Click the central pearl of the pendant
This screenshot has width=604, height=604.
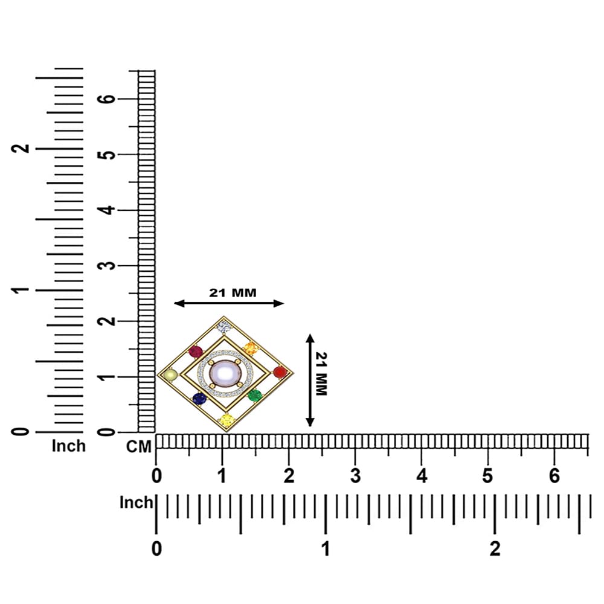[x=225, y=373]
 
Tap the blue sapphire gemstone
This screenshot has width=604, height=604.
[x=199, y=399]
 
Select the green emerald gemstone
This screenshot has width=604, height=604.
[x=255, y=395]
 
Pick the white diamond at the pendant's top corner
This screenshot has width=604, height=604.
[x=224, y=327]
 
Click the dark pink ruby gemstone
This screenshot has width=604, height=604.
[x=196, y=352]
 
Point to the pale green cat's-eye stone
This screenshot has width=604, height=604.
[x=170, y=375]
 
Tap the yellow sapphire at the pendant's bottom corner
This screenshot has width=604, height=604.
[x=227, y=420]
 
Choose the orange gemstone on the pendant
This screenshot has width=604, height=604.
[x=251, y=349]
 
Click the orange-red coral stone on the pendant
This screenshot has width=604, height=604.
[x=280, y=372]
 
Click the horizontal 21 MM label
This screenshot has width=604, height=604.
[x=233, y=293]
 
